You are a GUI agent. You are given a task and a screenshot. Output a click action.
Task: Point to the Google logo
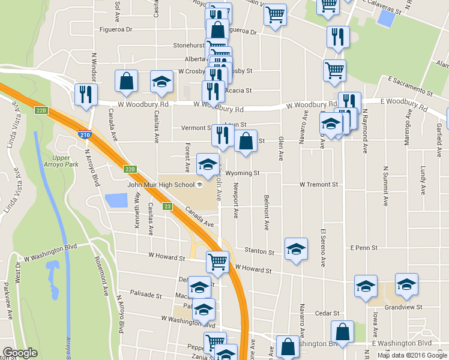click(20, 353)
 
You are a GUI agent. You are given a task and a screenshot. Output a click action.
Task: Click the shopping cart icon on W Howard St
click(217, 261)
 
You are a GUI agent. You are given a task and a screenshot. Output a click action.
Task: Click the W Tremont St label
click(319, 185)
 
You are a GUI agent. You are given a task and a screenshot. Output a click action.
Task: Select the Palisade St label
click(146, 295)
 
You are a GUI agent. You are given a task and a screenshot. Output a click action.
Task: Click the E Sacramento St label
click(411, 86)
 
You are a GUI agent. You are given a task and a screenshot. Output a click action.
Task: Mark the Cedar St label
click(328, 313)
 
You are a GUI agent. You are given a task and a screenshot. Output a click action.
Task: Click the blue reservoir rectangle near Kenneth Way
click(116, 200)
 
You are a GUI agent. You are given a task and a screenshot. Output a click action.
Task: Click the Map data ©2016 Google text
click(412, 355)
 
